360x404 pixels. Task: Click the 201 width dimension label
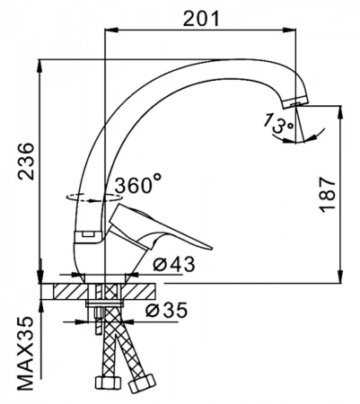(x=201, y=19)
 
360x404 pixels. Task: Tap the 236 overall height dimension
(x=26, y=162)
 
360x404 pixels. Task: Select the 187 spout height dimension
(x=327, y=195)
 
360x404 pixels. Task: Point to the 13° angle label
(x=278, y=123)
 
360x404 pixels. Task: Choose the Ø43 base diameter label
(x=173, y=264)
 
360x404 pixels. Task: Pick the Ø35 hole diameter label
(x=166, y=310)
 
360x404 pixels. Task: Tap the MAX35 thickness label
(x=25, y=354)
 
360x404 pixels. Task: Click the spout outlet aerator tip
(x=294, y=102)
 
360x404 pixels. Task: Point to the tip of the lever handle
(x=210, y=247)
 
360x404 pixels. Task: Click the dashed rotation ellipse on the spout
(x=94, y=198)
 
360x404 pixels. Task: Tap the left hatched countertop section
(x=71, y=291)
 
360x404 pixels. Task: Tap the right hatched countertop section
(x=137, y=291)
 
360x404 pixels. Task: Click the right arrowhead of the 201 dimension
(x=289, y=30)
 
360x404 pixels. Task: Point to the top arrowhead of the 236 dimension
(x=40, y=66)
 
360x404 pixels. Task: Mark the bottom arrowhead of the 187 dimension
(x=340, y=276)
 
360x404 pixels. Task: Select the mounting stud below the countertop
(x=98, y=322)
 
